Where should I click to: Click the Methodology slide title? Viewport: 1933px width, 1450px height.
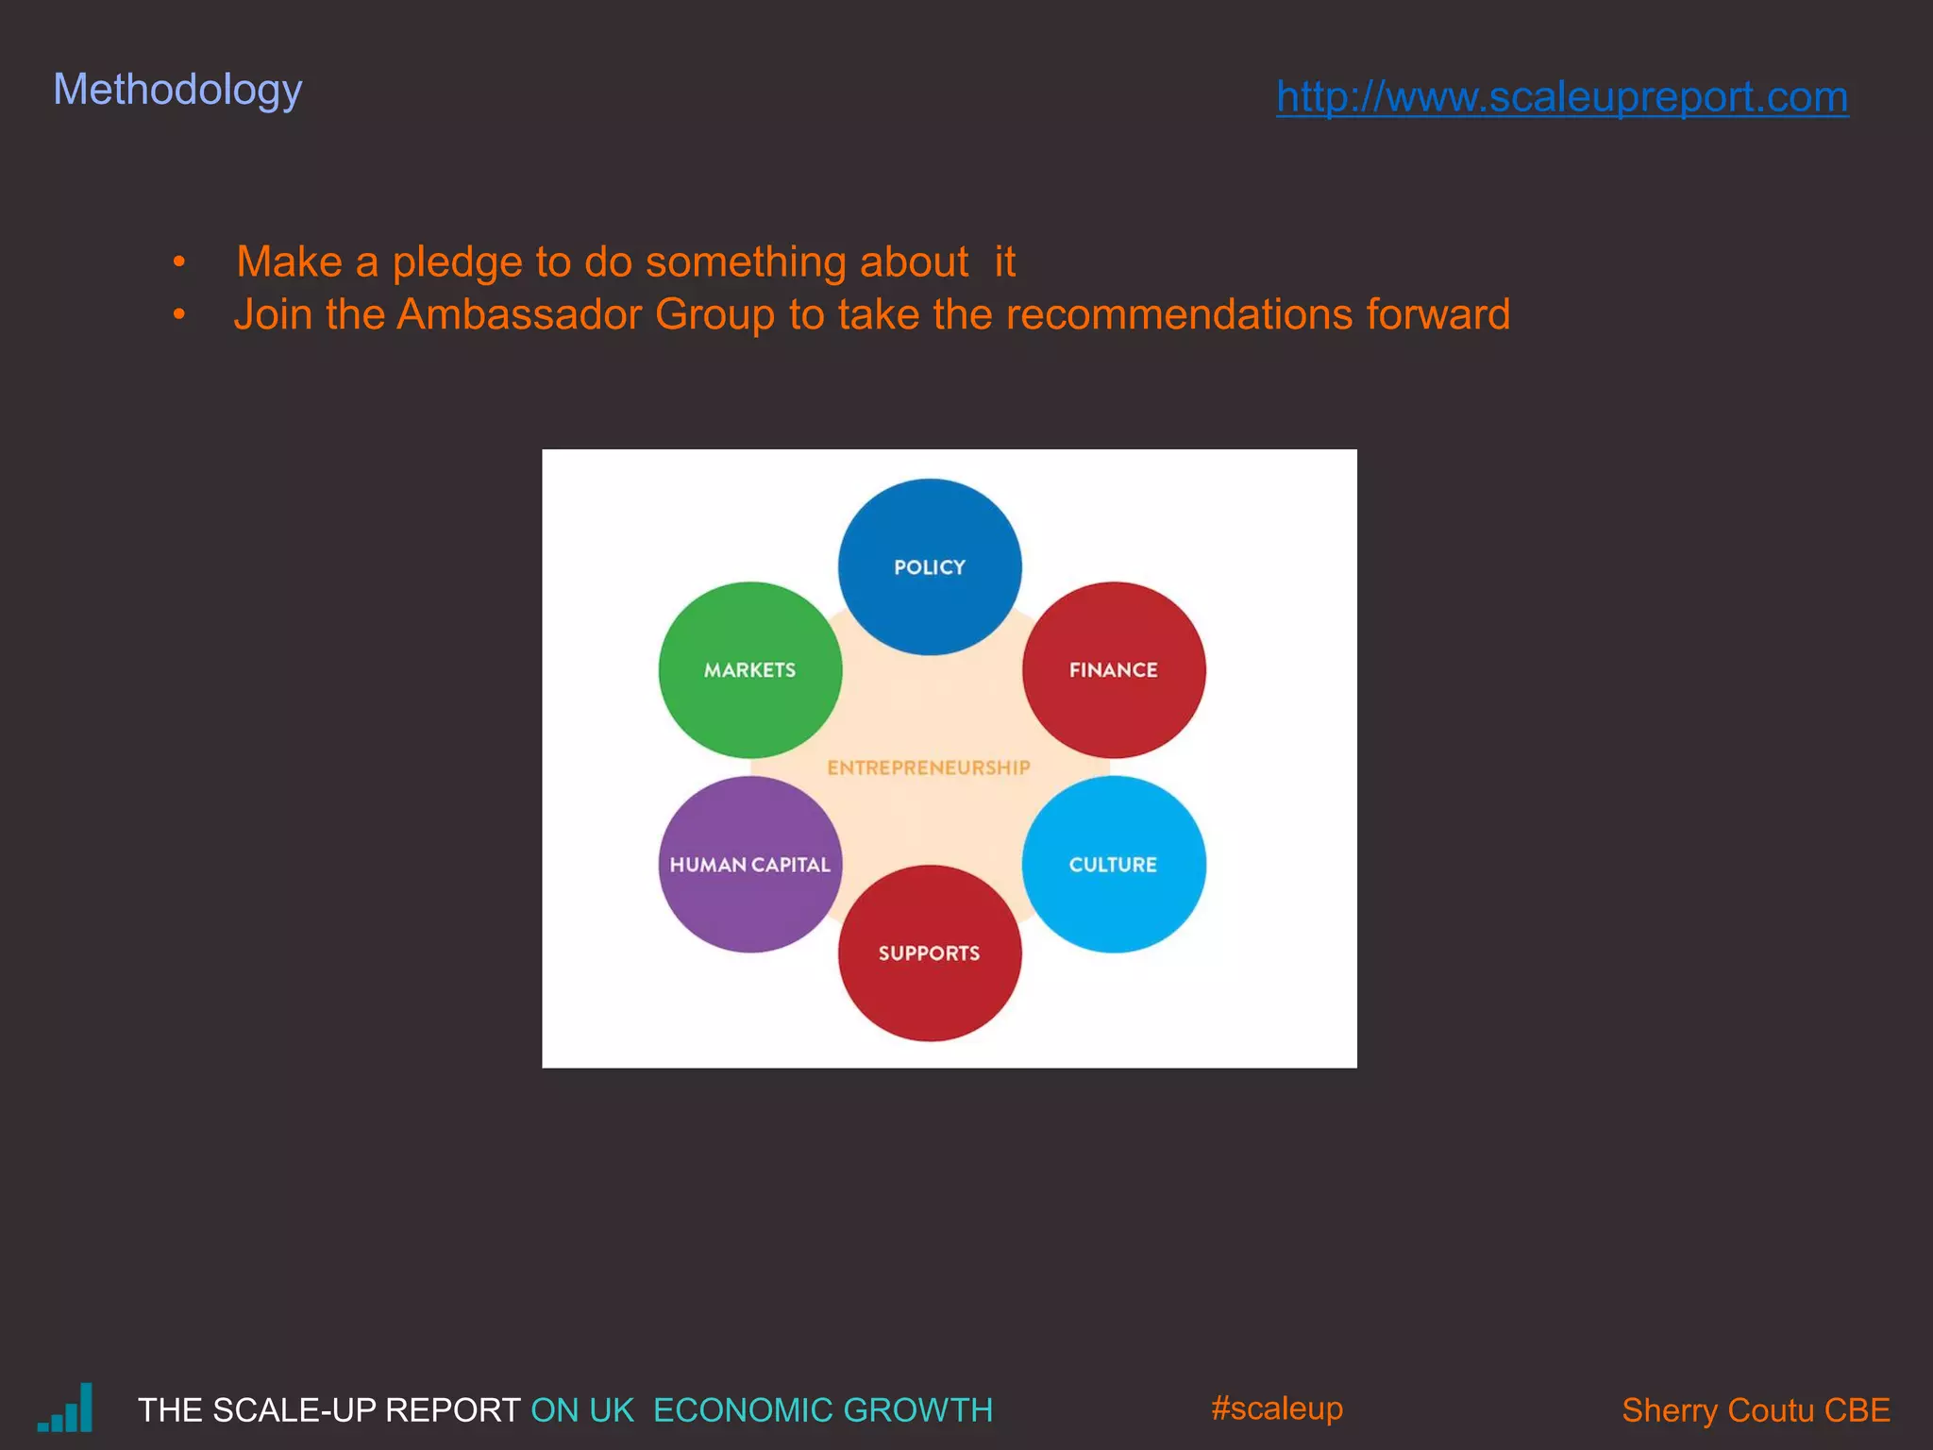pos(177,91)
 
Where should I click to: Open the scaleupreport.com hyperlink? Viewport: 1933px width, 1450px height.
pos(1562,97)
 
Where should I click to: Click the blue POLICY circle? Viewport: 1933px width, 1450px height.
pos(930,566)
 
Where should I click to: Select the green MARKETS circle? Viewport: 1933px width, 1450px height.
pos(749,669)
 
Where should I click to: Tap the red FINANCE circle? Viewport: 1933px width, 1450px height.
pos(1114,669)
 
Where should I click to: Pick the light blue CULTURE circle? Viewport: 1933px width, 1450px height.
pos(1114,864)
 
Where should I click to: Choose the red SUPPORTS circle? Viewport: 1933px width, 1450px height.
pos(930,953)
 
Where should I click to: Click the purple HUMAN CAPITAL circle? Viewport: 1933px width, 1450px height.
pos(749,864)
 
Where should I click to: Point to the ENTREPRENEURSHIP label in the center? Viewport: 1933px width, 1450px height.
pos(929,767)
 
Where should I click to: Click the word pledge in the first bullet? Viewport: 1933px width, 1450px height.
pos(457,262)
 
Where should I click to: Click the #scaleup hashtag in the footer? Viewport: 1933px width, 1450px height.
pos(1276,1408)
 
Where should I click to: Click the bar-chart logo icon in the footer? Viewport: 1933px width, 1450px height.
pos(66,1408)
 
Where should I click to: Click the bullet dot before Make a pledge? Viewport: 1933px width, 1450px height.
pos(179,261)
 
